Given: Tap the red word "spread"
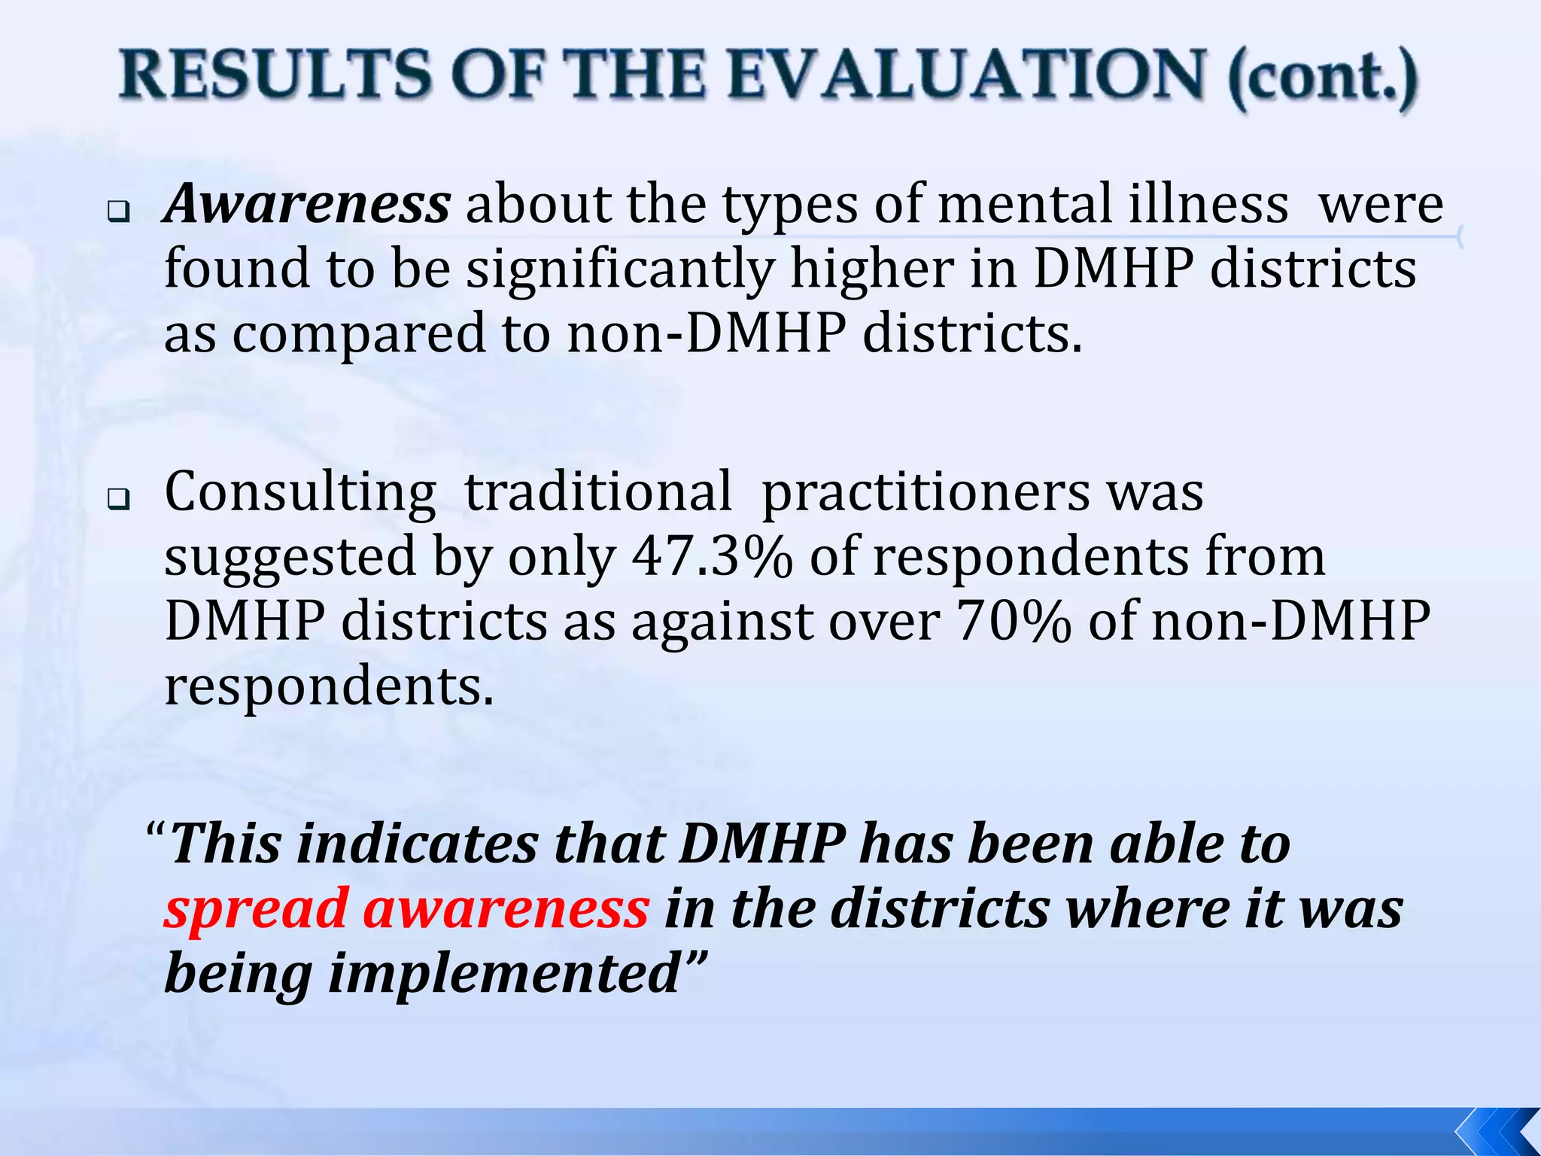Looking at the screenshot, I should coord(256,909).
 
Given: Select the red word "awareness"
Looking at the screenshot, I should coord(506,909).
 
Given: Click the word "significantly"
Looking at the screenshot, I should coord(620,269).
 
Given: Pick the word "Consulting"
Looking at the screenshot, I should coord(300,492).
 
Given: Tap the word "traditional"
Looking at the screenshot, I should coord(598,492).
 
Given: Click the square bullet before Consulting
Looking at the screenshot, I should coord(117,499).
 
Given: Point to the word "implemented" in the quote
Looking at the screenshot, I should coord(506,974).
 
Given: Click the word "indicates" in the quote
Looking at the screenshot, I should coord(418,844).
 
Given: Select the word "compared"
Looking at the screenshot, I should coord(360,334).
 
